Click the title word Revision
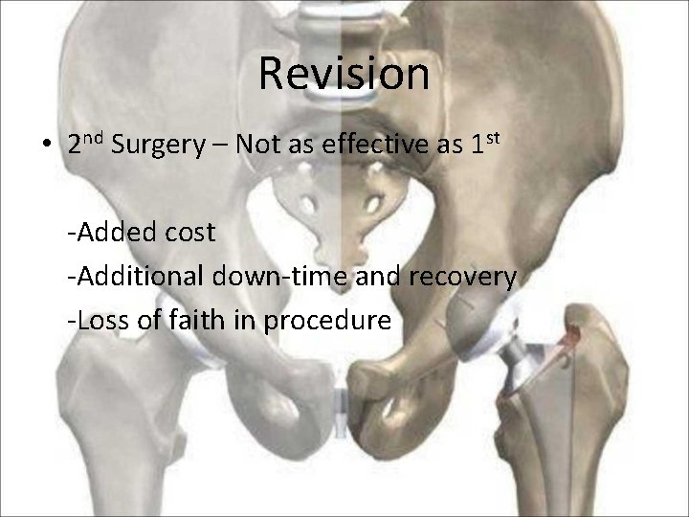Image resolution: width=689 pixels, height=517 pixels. [x=344, y=75]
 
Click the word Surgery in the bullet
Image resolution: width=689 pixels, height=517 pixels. [x=154, y=146]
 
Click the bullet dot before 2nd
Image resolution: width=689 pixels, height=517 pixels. [x=46, y=146]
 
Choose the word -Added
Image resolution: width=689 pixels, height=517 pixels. [x=105, y=234]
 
